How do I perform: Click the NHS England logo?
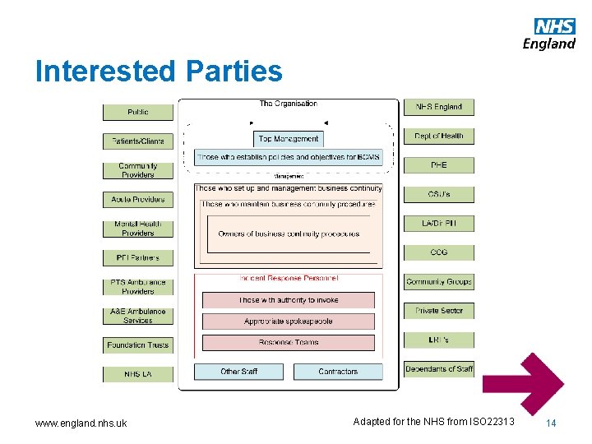point(549,34)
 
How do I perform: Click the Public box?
point(137,112)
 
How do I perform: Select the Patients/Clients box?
point(137,141)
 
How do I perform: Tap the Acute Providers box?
point(137,199)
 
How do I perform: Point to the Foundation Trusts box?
point(137,345)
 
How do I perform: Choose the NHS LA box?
point(137,374)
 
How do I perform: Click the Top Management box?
point(288,139)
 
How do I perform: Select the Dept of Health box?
point(438,136)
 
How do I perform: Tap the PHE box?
point(438,165)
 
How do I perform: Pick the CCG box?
point(438,252)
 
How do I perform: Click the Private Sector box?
point(438,311)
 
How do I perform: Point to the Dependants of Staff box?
point(438,369)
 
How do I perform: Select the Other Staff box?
point(238,372)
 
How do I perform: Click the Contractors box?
point(338,372)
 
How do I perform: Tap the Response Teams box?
point(288,342)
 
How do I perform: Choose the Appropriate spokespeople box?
point(288,321)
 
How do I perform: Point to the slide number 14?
point(551,423)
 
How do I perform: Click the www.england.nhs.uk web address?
point(81,423)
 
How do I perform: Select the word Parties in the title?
point(234,72)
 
